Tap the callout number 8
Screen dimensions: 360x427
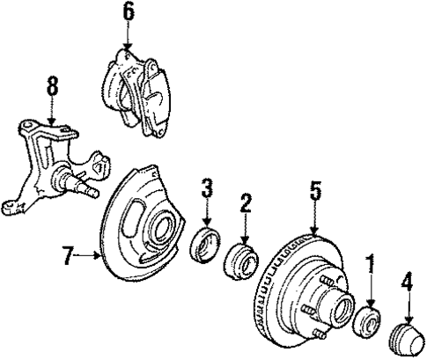52,86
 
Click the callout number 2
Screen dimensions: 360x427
246,203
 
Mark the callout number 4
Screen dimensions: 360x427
407,284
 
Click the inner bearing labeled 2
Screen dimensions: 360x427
243,261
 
